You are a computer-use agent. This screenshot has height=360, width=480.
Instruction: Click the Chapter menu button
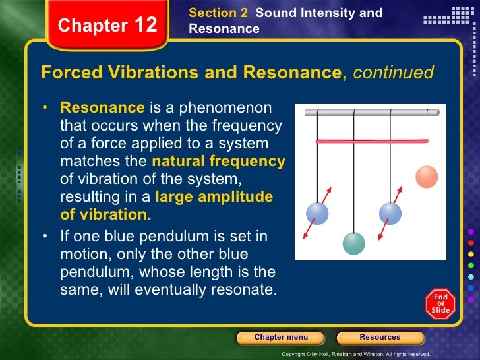(x=281, y=338)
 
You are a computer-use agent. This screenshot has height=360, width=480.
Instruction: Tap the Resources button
(x=379, y=338)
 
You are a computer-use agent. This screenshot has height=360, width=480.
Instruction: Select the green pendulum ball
(x=353, y=243)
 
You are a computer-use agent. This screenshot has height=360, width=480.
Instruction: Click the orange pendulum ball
(x=427, y=177)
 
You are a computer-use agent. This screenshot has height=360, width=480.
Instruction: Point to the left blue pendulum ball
(x=317, y=213)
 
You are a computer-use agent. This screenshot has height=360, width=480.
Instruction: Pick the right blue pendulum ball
(x=390, y=213)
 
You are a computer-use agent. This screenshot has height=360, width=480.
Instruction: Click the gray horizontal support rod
(x=371, y=113)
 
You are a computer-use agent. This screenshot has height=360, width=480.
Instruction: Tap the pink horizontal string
(x=371, y=141)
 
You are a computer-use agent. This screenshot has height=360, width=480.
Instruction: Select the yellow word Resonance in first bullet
(x=102, y=107)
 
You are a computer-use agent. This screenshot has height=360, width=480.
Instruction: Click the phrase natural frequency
(x=218, y=162)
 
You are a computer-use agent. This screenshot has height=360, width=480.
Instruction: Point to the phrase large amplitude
(x=214, y=196)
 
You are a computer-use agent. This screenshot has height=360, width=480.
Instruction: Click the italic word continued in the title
(x=393, y=73)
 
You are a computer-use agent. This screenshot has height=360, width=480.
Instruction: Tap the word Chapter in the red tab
(x=92, y=26)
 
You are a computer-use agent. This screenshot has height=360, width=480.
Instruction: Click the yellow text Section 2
(x=213, y=13)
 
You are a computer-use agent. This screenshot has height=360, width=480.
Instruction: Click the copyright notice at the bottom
(x=355, y=354)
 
